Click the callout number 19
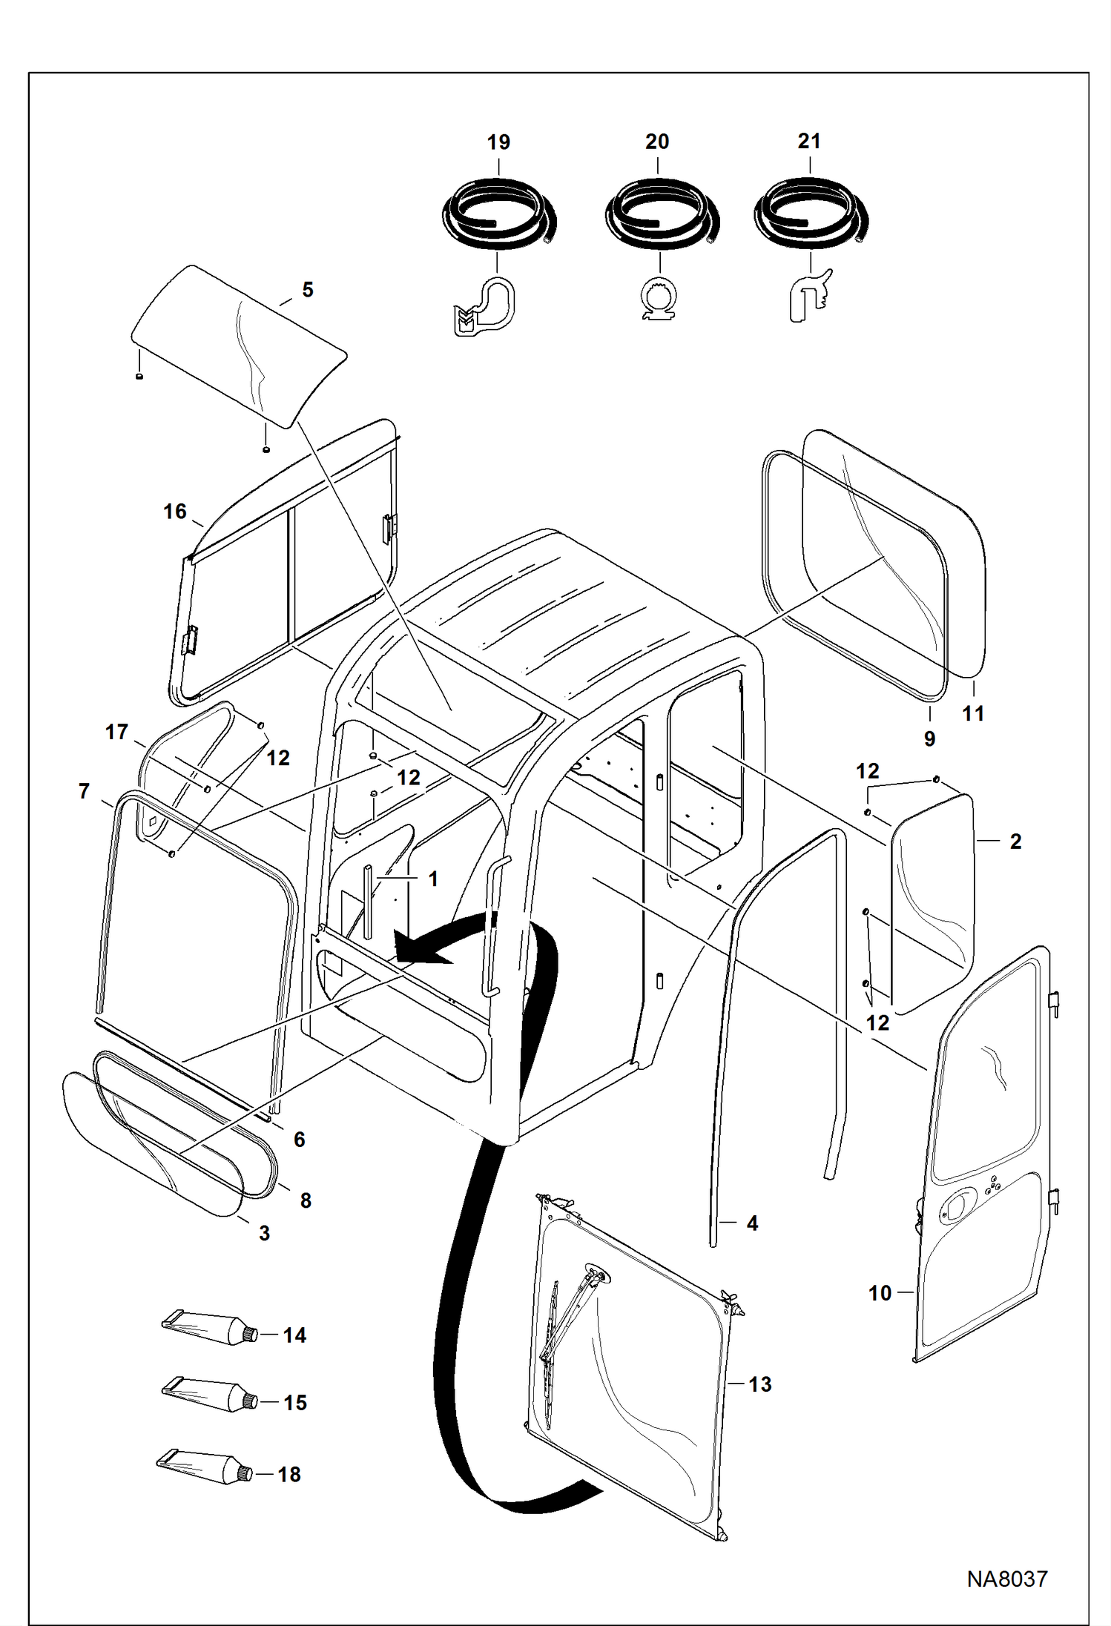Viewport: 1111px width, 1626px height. [498, 142]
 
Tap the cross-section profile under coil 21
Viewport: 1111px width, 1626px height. [808, 297]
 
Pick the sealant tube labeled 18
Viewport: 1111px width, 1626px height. [204, 1467]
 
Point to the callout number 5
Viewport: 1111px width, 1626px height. [308, 289]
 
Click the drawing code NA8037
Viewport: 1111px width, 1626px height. [1006, 1578]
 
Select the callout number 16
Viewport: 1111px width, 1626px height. [175, 512]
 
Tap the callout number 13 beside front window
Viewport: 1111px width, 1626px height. [759, 1384]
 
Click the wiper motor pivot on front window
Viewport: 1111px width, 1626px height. [597, 1275]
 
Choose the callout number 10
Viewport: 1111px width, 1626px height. [880, 1293]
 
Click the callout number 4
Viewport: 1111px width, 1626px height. [752, 1223]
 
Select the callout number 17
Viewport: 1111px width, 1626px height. [116, 732]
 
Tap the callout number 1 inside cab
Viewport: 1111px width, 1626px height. [433, 879]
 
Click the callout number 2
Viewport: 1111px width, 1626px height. [1015, 842]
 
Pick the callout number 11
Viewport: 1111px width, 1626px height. [972, 713]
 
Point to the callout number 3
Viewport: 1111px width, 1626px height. [264, 1233]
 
